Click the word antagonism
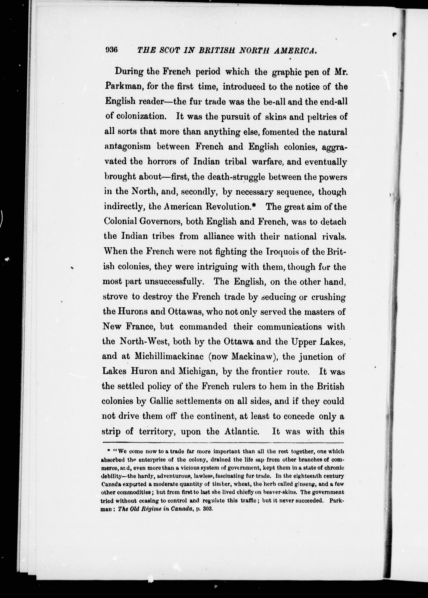coord(127,147)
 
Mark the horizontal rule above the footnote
coord(223,443)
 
